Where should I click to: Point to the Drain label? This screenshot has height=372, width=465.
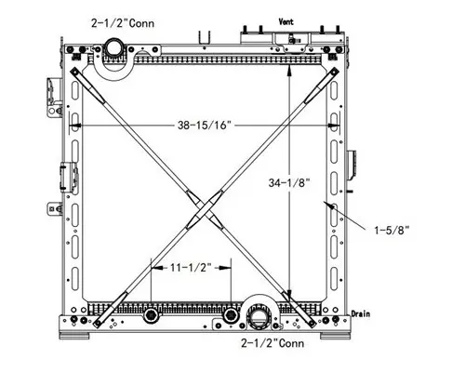click(x=361, y=314)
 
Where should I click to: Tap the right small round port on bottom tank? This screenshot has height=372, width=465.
click(x=229, y=316)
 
